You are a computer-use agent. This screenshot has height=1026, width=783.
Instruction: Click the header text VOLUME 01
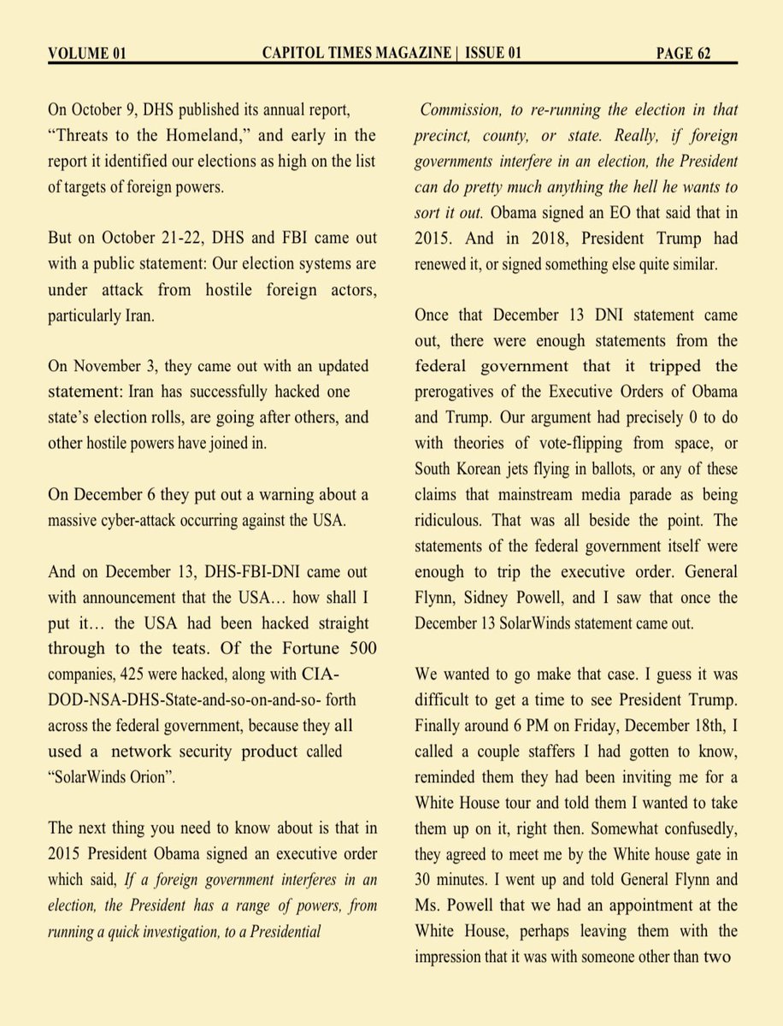click(87, 54)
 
